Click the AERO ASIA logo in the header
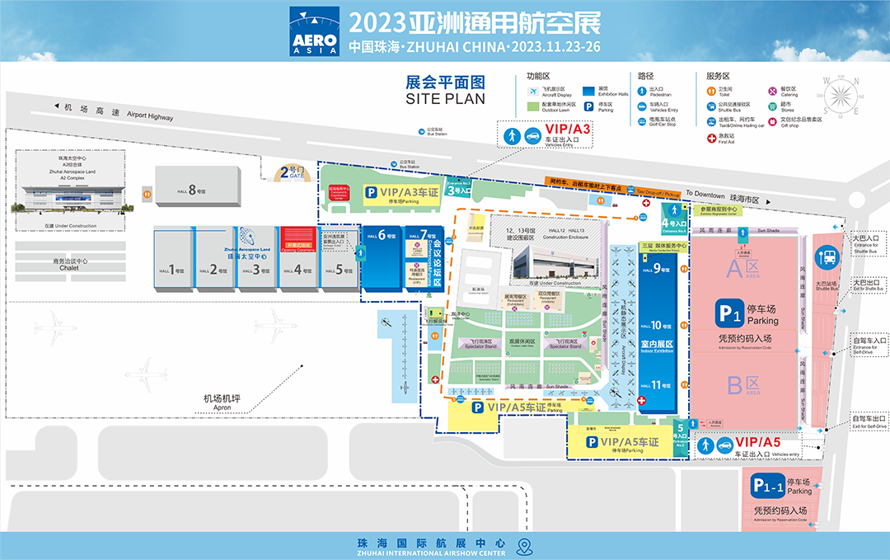coord(314,32)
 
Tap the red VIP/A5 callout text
coord(757,443)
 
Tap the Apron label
coord(221,402)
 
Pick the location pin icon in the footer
coord(523,546)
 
